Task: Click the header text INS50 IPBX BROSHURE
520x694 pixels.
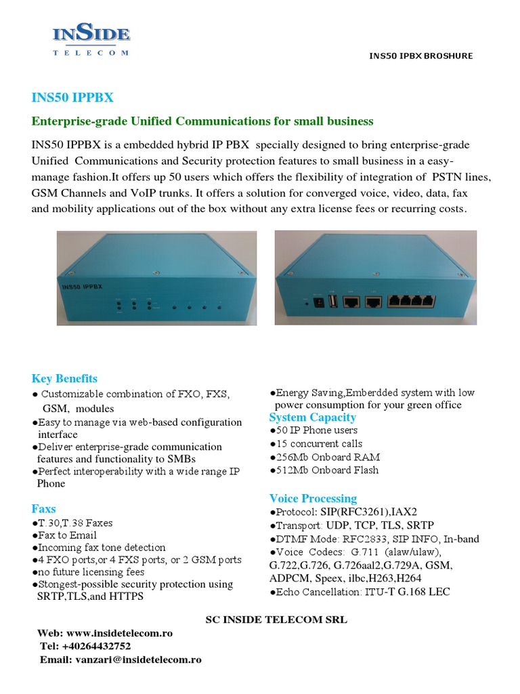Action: point(420,56)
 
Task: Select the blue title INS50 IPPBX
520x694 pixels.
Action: point(72,97)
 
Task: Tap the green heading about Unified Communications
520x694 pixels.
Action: point(202,121)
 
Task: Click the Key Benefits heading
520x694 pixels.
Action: point(64,378)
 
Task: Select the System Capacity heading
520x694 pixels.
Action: point(312,417)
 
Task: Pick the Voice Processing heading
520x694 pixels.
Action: point(313,499)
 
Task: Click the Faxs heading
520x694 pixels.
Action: point(43,509)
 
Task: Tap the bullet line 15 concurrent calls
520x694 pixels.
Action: point(315,444)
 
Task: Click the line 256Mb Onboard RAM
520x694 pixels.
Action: point(323,457)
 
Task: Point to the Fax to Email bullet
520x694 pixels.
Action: point(64,535)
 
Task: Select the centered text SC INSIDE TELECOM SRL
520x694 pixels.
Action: point(276,619)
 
